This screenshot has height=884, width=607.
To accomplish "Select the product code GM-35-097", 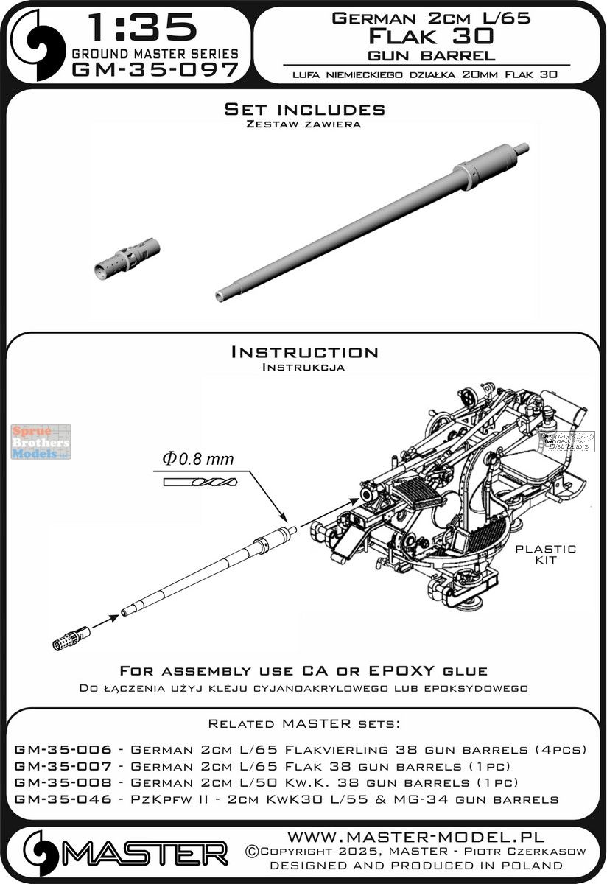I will [155, 70].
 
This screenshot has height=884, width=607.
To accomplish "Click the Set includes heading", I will [304, 109].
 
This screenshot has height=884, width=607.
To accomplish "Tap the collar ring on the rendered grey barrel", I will [463, 175].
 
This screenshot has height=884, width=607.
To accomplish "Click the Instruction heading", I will [304, 351].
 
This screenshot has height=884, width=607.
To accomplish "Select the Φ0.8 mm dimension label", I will [194, 460].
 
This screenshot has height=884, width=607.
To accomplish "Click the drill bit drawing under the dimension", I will [189, 480].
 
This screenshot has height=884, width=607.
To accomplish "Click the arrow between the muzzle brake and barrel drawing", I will [105, 619].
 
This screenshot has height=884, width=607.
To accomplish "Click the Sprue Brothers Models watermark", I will [41, 442].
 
